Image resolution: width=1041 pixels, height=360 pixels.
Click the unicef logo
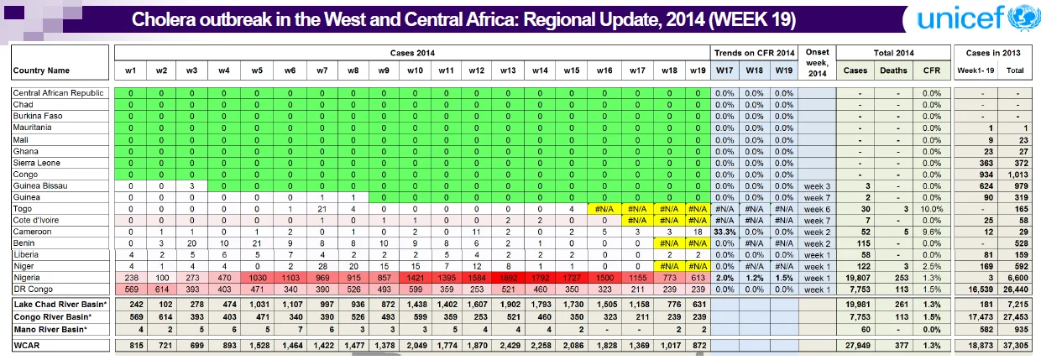point(977,18)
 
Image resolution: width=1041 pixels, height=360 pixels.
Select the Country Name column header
point(41,70)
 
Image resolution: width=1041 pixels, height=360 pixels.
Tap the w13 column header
point(508,70)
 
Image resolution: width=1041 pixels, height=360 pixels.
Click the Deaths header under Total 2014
point(893,70)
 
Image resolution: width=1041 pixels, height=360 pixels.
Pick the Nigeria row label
point(27,277)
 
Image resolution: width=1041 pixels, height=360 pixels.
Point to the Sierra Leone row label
point(37,163)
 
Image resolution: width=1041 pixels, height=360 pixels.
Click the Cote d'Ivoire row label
point(36,220)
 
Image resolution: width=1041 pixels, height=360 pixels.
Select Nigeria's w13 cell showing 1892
point(508,278)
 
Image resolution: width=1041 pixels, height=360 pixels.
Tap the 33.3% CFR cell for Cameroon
point(725,232)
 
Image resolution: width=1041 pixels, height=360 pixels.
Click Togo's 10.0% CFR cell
point(932,209)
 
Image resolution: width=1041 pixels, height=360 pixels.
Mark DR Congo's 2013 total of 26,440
point(1016,289)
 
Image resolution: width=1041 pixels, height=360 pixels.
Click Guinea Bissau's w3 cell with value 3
point(192,185)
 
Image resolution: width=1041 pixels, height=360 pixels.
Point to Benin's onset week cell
point(817,243)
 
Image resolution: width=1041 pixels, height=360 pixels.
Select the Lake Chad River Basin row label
point(60,305)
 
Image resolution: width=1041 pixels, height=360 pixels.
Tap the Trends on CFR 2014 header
point(754,53)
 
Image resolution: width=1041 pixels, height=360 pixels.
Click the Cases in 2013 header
point(993,53)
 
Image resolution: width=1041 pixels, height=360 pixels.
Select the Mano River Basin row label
point(50,329)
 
